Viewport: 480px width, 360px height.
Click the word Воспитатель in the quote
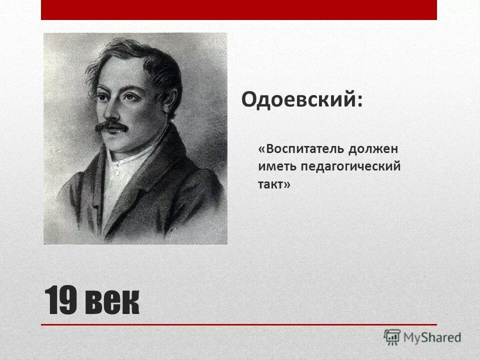tap(303, 149)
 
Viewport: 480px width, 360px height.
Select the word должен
tap(374, 149)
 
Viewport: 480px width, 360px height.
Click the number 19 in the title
tap(61, 301)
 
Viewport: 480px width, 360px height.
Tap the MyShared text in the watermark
tap(433, 337)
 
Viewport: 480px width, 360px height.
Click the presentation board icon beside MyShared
tap(392, 337)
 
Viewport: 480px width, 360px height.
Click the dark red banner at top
tap(239, 9)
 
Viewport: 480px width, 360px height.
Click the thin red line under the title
tap(239, 325)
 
